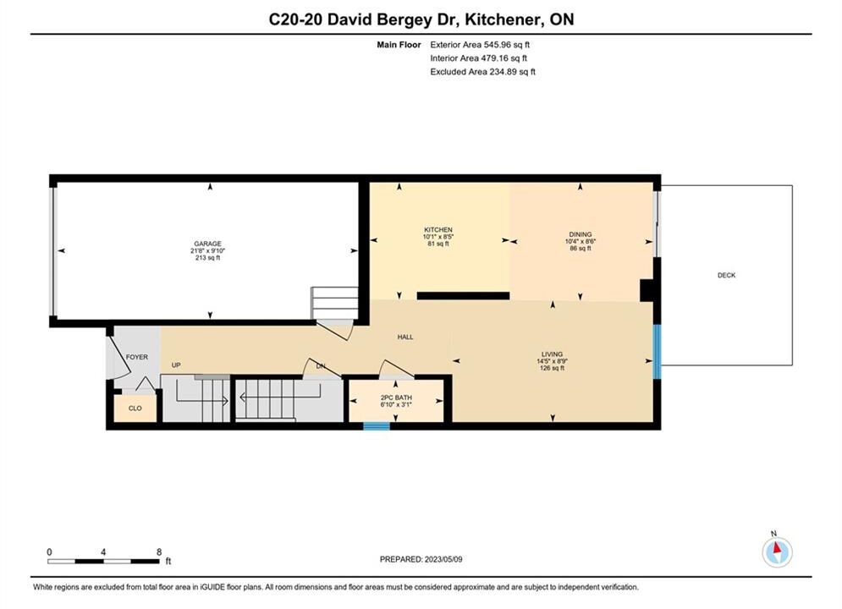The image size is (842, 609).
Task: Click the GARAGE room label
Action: click(x=208, y=244)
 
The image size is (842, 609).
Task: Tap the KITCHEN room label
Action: click(x=438, y=230)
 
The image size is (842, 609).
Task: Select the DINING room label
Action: click(x=580, y=234)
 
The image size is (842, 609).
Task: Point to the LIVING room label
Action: click(x=552, y=354)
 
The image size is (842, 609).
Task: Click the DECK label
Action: click(x=727, y=275)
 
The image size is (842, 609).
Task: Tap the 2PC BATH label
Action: click(x=396, y=398)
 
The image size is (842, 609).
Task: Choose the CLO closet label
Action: click(x=135, y=409)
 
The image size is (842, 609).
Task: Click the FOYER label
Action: click(x=137, y=357)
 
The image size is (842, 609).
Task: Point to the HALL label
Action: click(x=405, y=337)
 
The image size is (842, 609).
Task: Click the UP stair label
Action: click(x=176, y=365)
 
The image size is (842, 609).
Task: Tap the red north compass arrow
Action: click(x=777, y=547)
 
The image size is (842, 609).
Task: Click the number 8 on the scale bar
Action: click(x=159, y=551)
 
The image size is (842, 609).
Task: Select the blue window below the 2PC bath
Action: click(x=377, y=426)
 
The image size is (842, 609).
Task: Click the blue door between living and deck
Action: click(x=657, y=352)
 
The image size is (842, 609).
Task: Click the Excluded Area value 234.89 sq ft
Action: click(x=512, y=71)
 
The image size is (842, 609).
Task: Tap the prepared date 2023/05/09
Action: click(x=443, y=559)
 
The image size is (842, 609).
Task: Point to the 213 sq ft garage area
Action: click(x=208, y=257)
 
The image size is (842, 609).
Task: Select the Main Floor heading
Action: click(x=399, y=45)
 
